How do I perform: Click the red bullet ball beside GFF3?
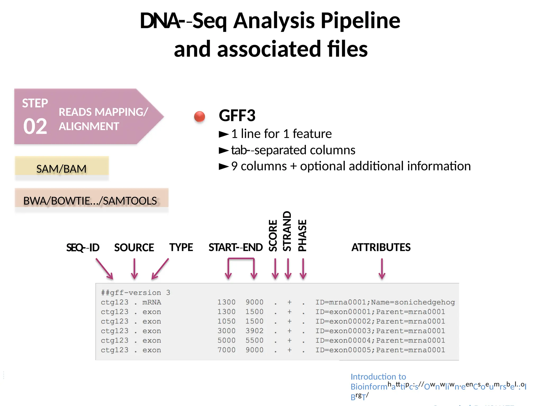199,116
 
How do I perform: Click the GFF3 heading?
237,116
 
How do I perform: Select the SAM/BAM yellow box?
62,168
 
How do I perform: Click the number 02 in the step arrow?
35,126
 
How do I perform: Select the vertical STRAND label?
287,231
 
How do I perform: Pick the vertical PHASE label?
302,235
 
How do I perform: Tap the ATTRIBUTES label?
381,247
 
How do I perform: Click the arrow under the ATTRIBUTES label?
382,269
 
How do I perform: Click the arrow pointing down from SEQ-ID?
105,269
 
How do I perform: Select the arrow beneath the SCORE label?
275,269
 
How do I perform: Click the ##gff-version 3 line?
135,293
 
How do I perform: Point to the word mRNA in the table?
152,302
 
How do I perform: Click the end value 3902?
254,331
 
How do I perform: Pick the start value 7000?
227,350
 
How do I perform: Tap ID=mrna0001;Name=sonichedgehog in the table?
385,302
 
